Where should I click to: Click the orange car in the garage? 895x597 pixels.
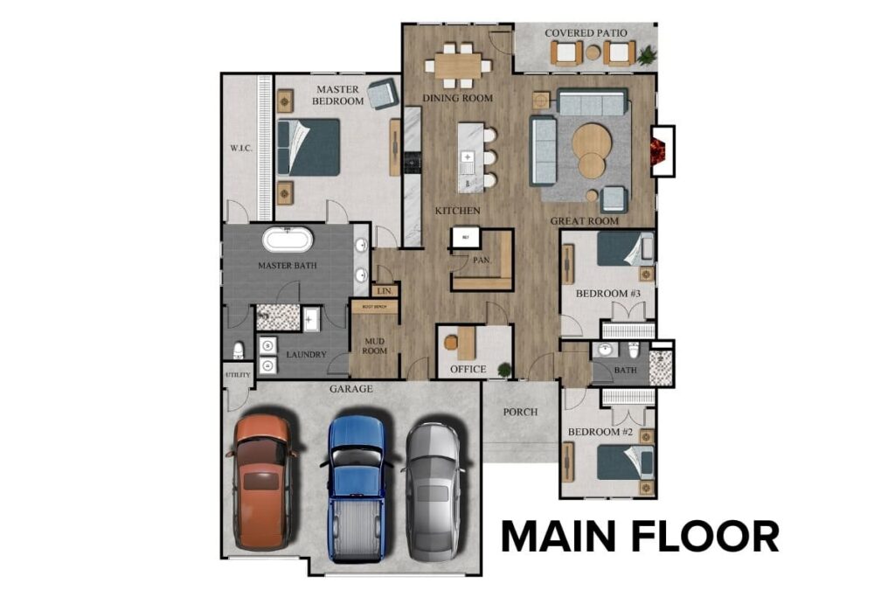[261, 481]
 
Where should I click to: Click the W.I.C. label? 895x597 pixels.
[241, 148]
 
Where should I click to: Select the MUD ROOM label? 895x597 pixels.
[374, 345]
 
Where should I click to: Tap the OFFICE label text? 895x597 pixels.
[468, 370]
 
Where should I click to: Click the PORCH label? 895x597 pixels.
[520, 412]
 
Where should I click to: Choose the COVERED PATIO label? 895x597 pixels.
[586, 33]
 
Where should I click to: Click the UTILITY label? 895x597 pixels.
[238, 375]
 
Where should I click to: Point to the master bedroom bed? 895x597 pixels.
[309, 147]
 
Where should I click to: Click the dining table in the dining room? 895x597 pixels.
[459, 65]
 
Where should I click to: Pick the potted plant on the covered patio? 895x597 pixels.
[647, 57]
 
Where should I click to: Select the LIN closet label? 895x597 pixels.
[383, 291]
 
